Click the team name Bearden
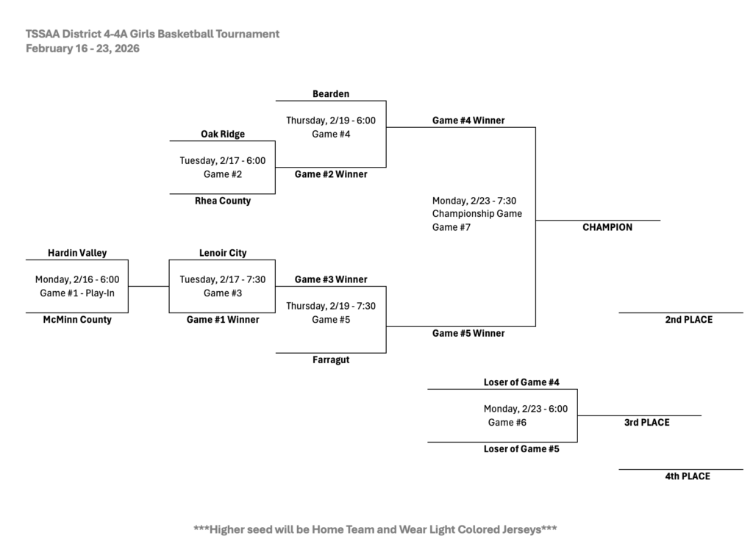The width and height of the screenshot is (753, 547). point(331,93)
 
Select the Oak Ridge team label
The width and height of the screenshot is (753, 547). point(223,134)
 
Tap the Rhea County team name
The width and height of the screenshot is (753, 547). point(223,201)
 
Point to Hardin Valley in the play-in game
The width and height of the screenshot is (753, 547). point(77,253)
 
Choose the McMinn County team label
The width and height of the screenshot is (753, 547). point(77,320)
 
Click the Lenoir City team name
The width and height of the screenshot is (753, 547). point(223,253)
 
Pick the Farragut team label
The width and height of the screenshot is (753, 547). point(331,360)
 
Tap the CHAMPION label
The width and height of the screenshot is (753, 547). point(607,227)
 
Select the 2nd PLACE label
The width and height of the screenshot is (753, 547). point(689,320)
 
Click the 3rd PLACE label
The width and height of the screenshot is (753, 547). point(647,422)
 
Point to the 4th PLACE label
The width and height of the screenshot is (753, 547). point(688,476)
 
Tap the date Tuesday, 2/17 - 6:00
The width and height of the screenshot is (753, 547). point(223,160)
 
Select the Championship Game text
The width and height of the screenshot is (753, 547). point(477,214)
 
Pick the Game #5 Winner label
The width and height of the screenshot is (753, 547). point(468,333)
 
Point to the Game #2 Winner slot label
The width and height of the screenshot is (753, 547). point(331,174)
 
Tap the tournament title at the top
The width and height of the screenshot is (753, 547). point(152,34)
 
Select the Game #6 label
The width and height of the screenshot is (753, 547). point(507,422)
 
